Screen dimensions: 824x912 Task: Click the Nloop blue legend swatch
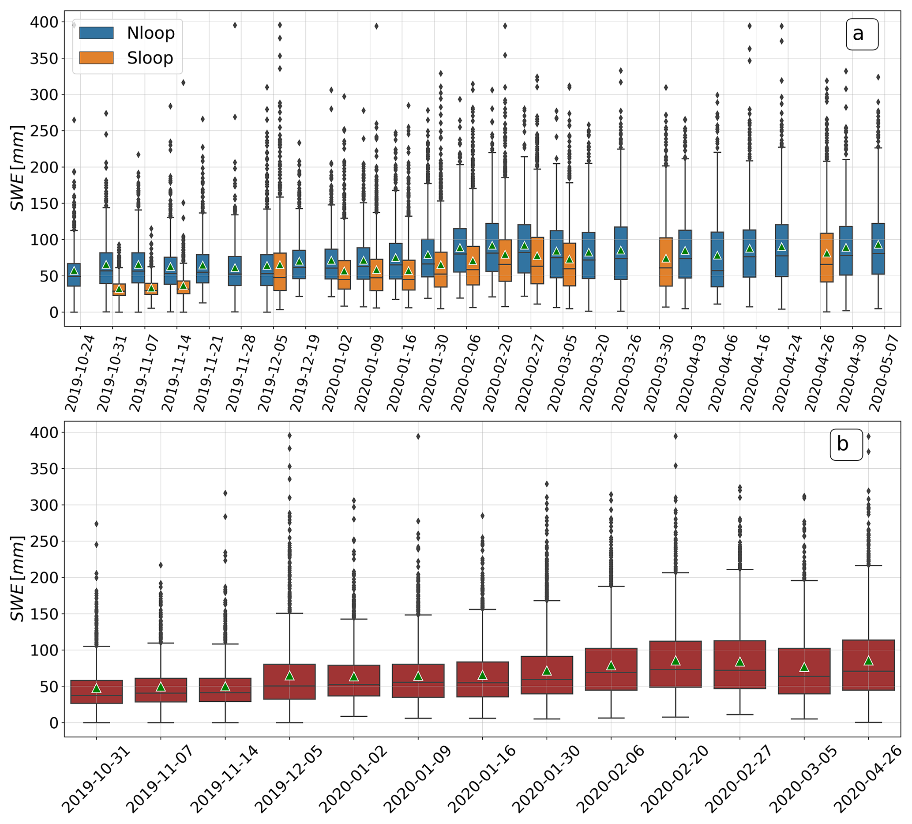click(x=96, y=33)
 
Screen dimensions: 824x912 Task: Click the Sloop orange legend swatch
click(x=96, y=58)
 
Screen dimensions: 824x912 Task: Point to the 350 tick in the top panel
click(x=44, y=58)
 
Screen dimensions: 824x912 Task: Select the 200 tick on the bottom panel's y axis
click(x=44, y=577)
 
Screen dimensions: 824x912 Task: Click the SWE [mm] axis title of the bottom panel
click(x=17, y=578)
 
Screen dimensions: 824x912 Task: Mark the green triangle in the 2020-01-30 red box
click(x=547, y=671)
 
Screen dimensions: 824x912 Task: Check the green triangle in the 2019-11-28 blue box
click(x=235, y=267)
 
